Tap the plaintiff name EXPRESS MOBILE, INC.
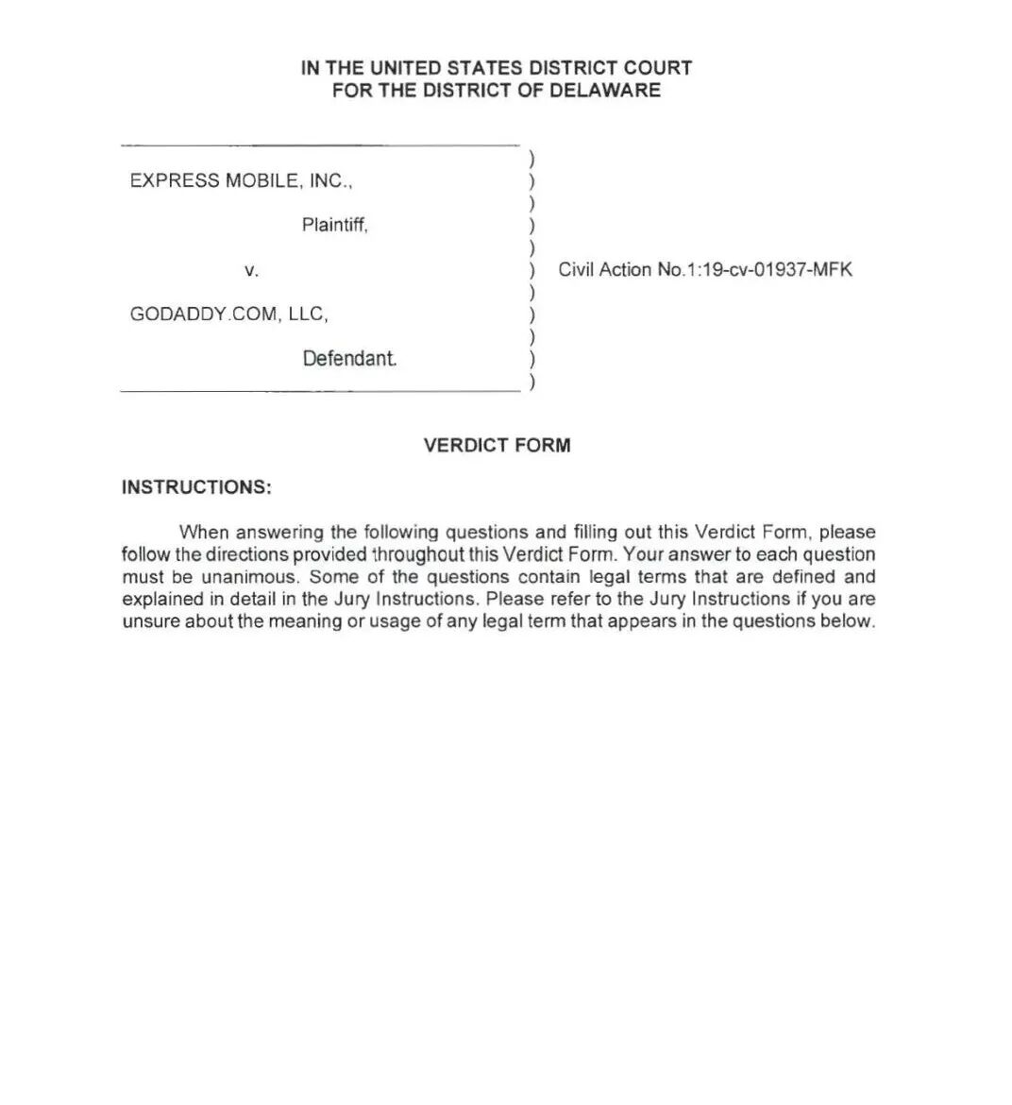241,180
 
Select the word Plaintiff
334,225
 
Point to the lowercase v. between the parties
251,270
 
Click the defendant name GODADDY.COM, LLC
229,314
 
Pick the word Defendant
349,359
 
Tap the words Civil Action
605,270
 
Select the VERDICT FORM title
498,446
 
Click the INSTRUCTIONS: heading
196,487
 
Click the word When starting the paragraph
204,533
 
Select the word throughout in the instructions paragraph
419,554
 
